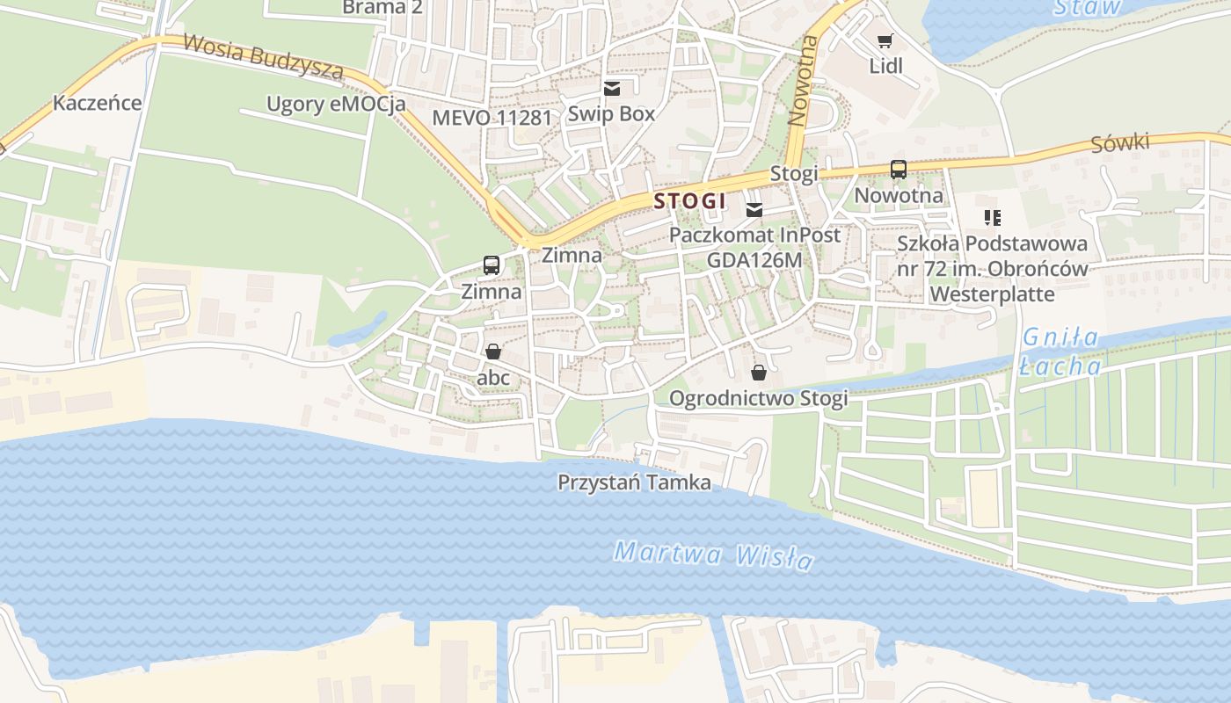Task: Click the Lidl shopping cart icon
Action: [x=885, y=40]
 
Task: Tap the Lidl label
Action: [x=885, y=66]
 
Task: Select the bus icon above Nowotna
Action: [x=898, y=170]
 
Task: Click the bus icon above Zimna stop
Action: [x=492, y=265]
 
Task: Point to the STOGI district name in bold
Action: [x=690, y=201]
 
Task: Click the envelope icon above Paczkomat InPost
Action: [x=754, y=210]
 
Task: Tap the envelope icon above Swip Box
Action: [x=612, y=89]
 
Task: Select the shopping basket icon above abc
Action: [x=493, y=351]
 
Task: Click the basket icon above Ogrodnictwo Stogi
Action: [x=759, y=373]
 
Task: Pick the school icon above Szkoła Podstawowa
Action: [x=993, y=217]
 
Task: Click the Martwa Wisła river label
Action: [x=713, y=555]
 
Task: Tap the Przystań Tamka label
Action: [x=635, y=482]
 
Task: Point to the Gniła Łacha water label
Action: [x=1060, y=351]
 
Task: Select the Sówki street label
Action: [x=1120, y=143]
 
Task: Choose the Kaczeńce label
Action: [x=97, y=103]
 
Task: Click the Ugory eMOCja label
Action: [x=336, y=105]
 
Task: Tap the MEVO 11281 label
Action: [x=492, y=117]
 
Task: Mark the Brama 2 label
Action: [x=382, y=8]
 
